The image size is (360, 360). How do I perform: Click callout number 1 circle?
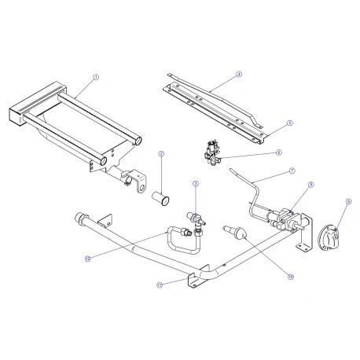coord(96,77)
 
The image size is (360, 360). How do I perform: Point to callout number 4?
coord(238,75)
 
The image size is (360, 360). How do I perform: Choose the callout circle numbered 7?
coord(291,170)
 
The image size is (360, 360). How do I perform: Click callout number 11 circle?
coord(160,285)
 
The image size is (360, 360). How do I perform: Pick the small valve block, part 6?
coord(211,152)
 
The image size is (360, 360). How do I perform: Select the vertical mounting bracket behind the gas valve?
coord(302,239)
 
